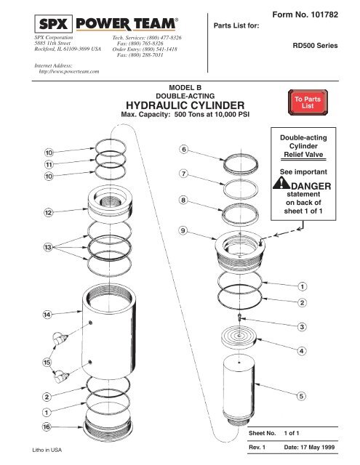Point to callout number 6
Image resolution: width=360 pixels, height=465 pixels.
[183, 149]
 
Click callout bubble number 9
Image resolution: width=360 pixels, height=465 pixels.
[183, 230]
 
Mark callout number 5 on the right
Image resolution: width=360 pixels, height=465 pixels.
[301, 396]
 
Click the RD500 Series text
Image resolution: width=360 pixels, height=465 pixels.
[316, 44]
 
